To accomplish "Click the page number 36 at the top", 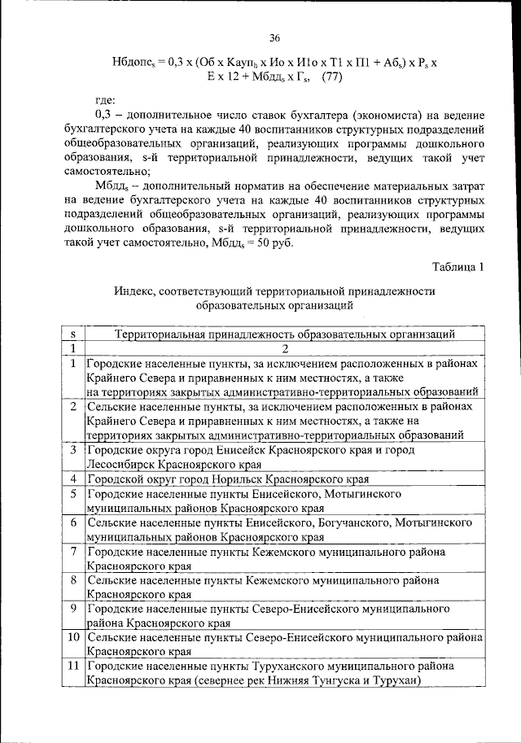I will [274, 38].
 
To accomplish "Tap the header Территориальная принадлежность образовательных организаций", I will [284, 334].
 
